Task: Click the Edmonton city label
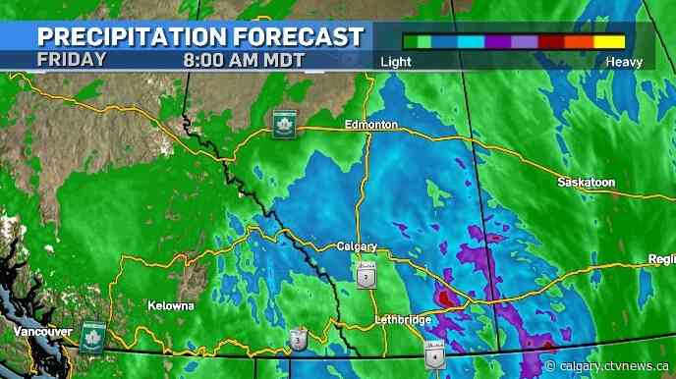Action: click(x=371, y=125)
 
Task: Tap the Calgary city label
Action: click(x=357, y=245)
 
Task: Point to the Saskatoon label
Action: click(x=586, y=183)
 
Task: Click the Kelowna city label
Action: click(x=170, y=305)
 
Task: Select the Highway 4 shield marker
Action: click(x=433, y=354)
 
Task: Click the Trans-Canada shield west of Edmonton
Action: click(x=284, y=124)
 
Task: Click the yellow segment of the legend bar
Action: click(x=609, y=42)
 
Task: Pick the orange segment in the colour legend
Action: click(x=579, y=42)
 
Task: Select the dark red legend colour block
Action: click(x=551, y=42)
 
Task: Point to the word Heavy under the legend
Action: click(x=624, y=62)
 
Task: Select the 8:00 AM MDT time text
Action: click(x=244, y=59)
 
